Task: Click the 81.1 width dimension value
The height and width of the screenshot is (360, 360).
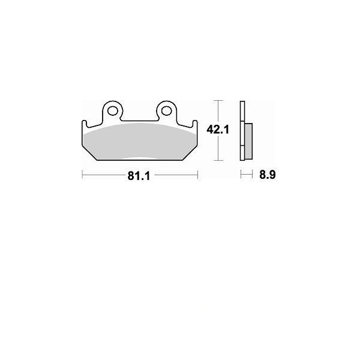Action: pyautogui.click(x=139, y=176)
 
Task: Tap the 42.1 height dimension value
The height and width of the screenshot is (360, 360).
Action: pyautogui.click(x=218, y=130)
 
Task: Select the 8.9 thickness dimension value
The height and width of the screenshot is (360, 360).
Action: pyautogui.click(x=268, y=175)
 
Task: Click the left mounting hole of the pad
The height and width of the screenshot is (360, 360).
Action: pyautogui.click(x=113, y=111)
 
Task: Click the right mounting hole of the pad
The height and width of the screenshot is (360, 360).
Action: pyautogui.click(x=166, y=111)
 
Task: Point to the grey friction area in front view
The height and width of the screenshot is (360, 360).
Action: pyautogui.click(x=140, y=141)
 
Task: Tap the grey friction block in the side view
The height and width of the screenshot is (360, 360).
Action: pyautogui.click(x=248, y=141)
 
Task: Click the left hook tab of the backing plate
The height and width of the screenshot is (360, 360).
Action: pyautogui.click(x=85, y=124)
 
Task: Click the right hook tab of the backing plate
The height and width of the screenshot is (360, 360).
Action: pyautogui.click(x=194, y=124)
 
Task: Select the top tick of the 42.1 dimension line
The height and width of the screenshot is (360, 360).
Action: pyautogui.click(x=218, y=101)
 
